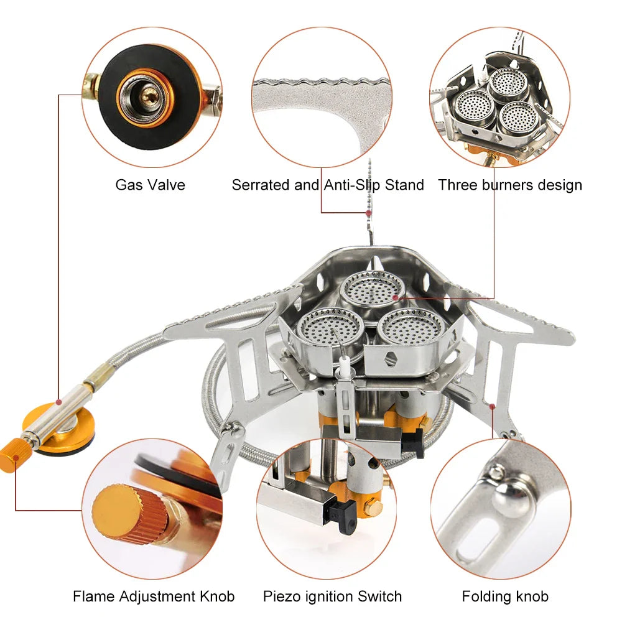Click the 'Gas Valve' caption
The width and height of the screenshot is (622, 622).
coord(150,185)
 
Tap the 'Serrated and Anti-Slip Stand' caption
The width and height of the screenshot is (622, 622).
coord(328,185)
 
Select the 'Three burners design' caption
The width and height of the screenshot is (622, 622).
coord(510,185)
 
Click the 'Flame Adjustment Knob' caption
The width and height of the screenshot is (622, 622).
coord(154,596)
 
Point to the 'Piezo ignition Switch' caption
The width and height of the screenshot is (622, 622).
coord(332,596)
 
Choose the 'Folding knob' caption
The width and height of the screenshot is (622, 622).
coord(505,596)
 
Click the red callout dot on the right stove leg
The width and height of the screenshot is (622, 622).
coord(492,407)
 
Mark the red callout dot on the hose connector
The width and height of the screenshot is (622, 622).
coord(59,401)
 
